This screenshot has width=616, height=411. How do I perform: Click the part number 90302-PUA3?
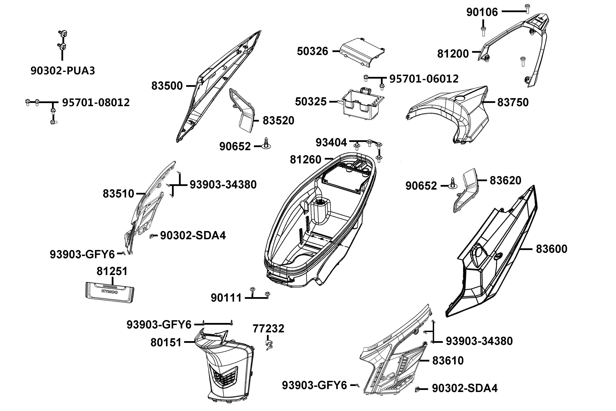click(63, 71)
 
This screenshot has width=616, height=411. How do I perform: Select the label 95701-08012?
click(96, 102)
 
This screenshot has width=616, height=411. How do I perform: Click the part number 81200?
click(453, 54)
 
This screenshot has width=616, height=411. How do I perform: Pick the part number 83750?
click(513, 102)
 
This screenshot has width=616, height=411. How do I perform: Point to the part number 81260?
click(305, 160)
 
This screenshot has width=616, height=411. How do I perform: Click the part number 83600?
click(551, 249)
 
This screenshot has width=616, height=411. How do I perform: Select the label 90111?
click(226, 298)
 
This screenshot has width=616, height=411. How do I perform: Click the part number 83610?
click(448, 361)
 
